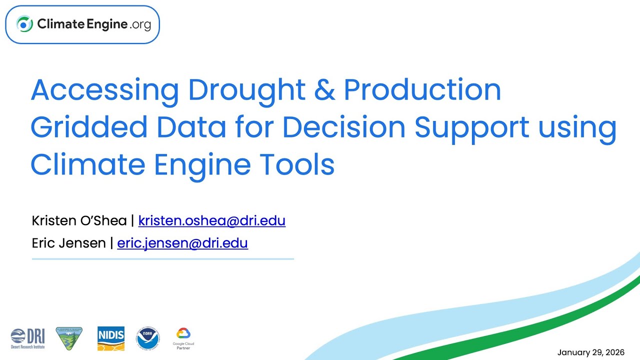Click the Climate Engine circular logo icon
click(24, 24)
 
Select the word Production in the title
click(422, 90)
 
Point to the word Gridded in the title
click(89, 127)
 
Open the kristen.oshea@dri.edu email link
click(211, 220)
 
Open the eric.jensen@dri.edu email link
click(182, 243)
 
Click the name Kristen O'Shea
click(79, 220)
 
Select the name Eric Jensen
click(68, 243)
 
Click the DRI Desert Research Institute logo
click(28, 338)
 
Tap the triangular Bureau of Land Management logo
click(69, 338)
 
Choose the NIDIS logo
click(111, 338)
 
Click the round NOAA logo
click(148, 339)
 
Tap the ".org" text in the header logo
click(140, 24)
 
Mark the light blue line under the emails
click(163, 259)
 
